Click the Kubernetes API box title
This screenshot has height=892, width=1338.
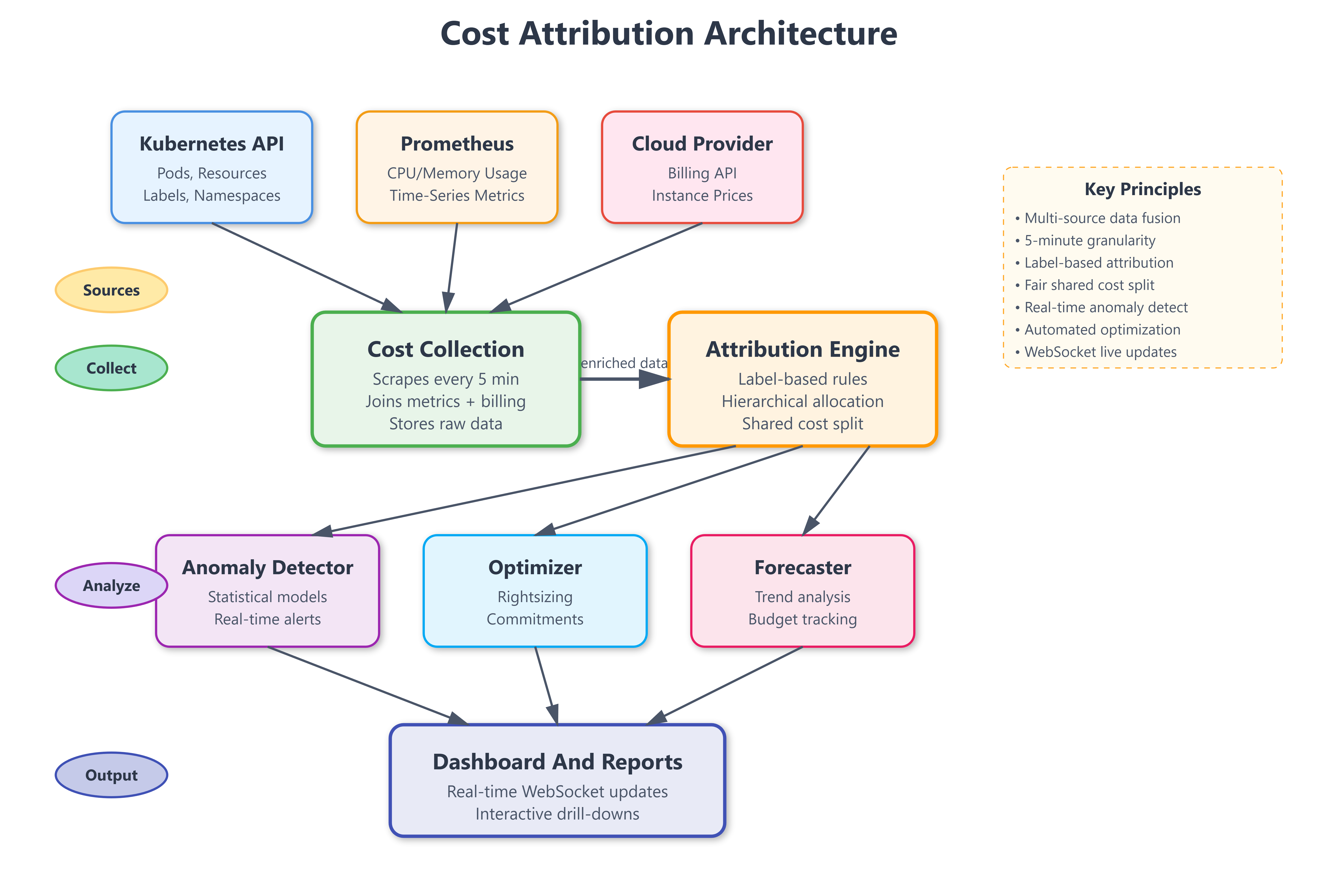pos(212,144)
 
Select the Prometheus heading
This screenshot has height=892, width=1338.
pos(457,144)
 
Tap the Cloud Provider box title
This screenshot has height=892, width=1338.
pos(702,144)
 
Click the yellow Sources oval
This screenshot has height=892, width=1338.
pos(111,290)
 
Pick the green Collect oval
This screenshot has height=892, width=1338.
pos(111,368)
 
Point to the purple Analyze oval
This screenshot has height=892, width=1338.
pos(111,585)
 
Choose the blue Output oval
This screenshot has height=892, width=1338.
pos(111,775)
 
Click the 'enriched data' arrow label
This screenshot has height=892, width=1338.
pos(624,363)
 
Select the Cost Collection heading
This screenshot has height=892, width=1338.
pos(445,349)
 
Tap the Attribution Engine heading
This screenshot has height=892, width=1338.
pos(802,349)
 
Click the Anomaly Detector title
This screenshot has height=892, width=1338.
pos(267,567)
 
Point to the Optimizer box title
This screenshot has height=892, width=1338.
pos(535,567)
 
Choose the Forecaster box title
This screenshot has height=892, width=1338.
pos(802,567)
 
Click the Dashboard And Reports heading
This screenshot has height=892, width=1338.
pos(557,762)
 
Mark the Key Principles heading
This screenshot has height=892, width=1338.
pos(1142,189)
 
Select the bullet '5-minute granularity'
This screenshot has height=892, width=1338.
pos(1089,241)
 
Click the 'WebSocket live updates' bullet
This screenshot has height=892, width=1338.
pos(1100,352)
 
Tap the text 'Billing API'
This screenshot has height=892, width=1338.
pos(702,173)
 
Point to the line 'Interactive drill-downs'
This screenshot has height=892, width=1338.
pos(557,814)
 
